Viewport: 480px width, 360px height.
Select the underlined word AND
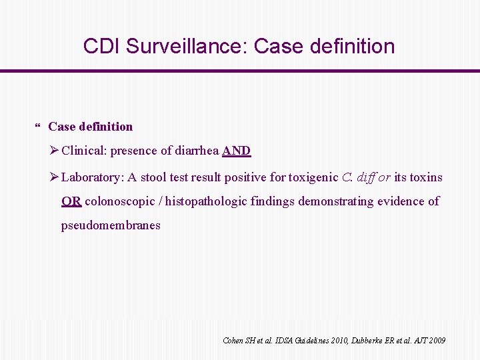(x=237, y=151)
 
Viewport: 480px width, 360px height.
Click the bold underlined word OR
(x=71, y=201)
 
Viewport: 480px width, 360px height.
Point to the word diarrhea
(x=197, y=151)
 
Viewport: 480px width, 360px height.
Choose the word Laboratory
(x=92, y=177)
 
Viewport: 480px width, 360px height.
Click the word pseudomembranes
(x=111, y=225)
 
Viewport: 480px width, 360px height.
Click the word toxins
(x=427, y=177)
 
